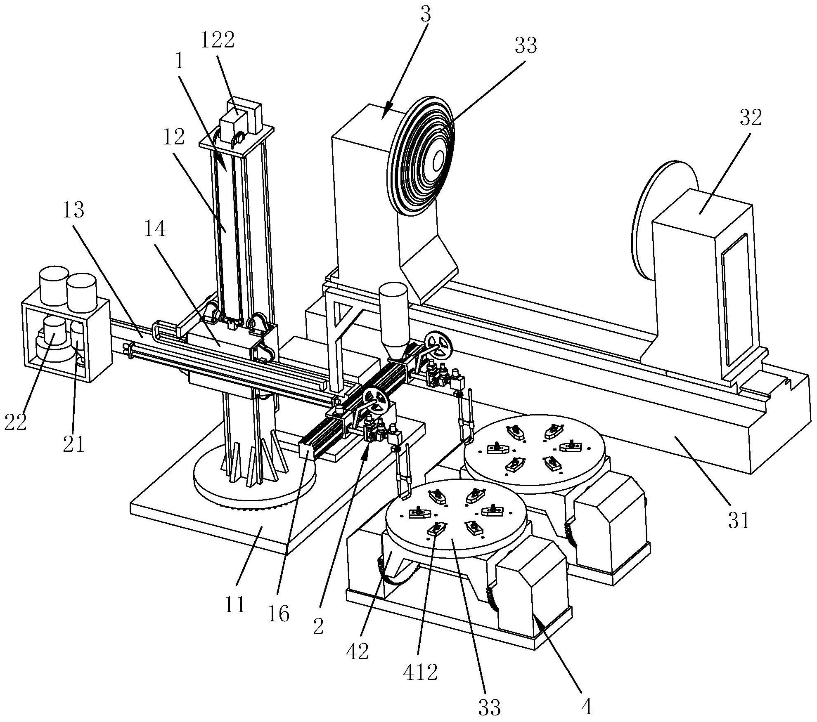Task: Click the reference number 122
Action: point(218,40)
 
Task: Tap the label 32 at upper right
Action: point(750,118)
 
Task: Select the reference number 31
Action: point(739,521)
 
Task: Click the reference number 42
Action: point(358,652)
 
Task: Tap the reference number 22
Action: point(15,422)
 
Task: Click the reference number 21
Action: point(75,443)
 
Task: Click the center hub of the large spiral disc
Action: point(438,160)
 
